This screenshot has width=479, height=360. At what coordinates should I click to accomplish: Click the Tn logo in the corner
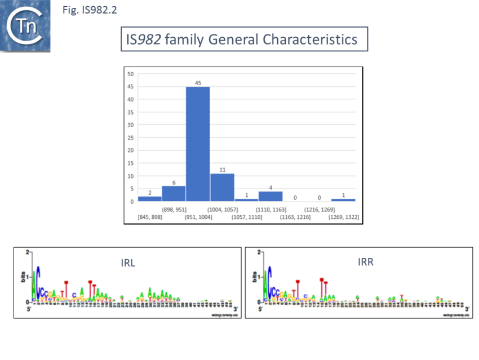(x=25, y=26)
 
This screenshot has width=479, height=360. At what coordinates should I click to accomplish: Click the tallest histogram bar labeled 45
(x=198, y=144)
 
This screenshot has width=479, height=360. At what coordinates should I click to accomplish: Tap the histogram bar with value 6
(x=174, y=194)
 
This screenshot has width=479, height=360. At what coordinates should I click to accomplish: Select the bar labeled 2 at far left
(x=150, y=199)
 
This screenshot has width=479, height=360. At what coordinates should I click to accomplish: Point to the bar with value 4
(x=270, y=196)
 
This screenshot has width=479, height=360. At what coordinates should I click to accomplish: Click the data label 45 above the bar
(x=198, y=82)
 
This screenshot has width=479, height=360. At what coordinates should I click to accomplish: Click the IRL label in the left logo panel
(x=128, y=263)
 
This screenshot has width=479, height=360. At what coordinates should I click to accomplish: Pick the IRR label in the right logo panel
(x=366, y=262)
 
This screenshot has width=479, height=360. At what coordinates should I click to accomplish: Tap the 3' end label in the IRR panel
(x=467, y=309)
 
